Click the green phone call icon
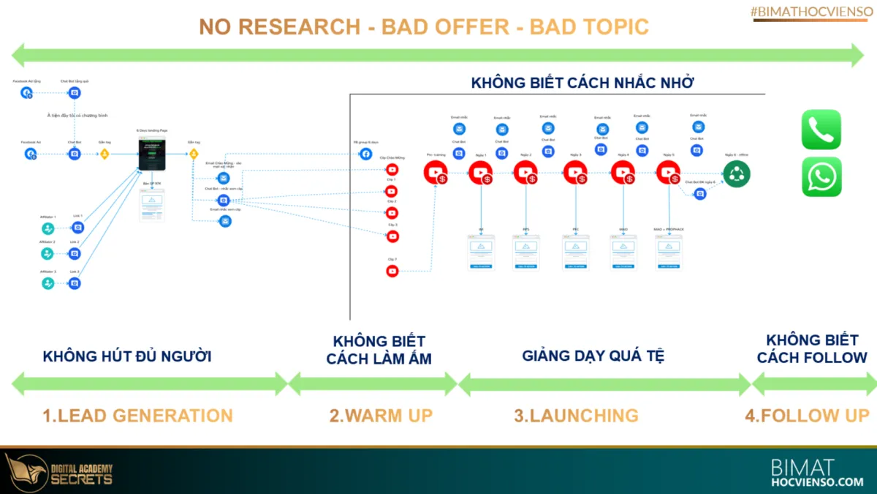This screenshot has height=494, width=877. click(x=821, y=130)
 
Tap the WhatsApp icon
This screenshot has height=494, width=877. click(x=821, y=176)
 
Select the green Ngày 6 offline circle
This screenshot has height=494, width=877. click(x=736, y=172)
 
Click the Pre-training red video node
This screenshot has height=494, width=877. click(x=436, y=172)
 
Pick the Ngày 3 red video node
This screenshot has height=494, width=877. click(x=575, y=172)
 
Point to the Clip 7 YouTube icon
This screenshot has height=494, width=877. click(x=392, y=272)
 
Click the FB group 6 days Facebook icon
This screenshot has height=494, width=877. click(x=365, y=154)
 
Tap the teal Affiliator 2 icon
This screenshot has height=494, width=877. click(x=48, y=253)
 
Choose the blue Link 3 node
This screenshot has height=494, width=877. click(x=75, y=283)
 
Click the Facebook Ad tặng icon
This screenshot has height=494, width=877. click(x=27, y=93)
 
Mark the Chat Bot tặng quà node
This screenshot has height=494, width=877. click(x=75, y=93)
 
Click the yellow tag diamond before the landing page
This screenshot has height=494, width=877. click(x=105, y=154)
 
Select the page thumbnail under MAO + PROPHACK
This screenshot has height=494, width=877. click(x=669, y=252)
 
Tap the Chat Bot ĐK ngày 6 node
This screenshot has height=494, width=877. click(x=700, y=194)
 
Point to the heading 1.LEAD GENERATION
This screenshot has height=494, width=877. click(x=137, y=416)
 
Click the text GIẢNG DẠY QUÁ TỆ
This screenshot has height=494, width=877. click(x=593, y=356)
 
